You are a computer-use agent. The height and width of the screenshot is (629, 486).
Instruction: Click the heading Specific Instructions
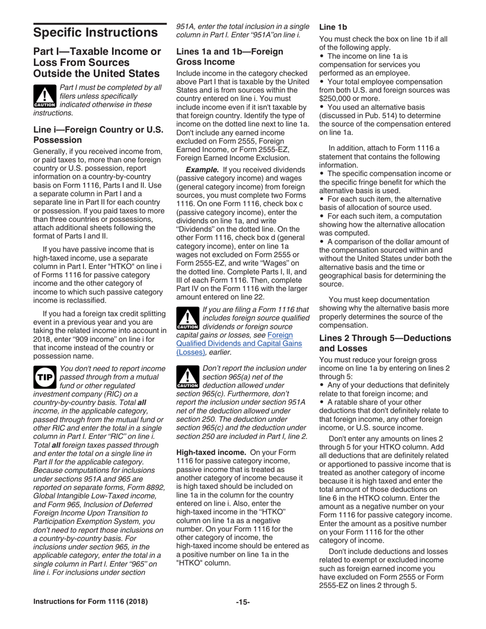(x=95, y=33)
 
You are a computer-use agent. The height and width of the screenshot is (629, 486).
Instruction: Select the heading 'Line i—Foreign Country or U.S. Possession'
(x=98, y=134)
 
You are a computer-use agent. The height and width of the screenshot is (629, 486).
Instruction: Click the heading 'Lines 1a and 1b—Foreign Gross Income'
(x=229, y=56)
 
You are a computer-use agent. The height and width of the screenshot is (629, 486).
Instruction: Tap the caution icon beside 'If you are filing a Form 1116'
(x=187, y=318)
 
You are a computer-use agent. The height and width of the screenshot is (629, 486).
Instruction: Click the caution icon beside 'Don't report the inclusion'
(x=187, y=376)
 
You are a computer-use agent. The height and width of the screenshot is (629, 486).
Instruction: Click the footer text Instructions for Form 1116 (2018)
(x=91, y=602)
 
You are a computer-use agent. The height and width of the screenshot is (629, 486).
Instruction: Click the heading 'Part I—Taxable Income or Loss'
(x=97, y=62)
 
